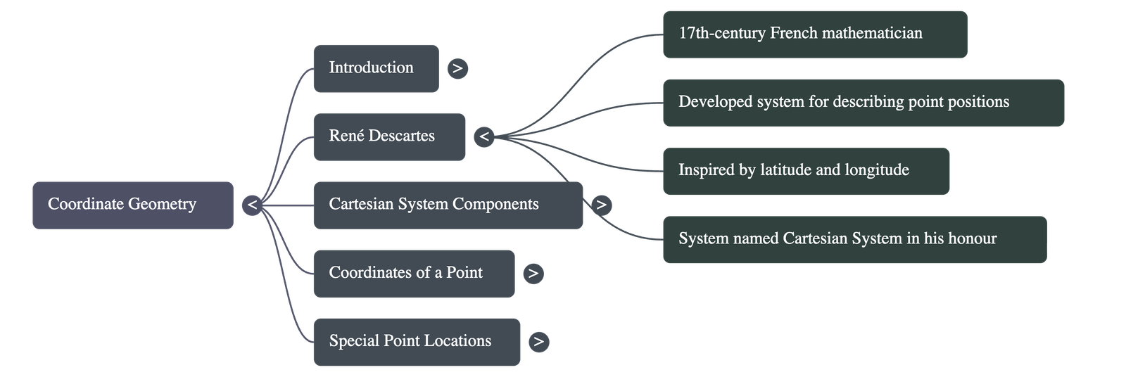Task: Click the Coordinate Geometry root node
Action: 132,205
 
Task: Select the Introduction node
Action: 376,68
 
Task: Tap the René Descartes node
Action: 389,136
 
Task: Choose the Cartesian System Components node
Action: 448,205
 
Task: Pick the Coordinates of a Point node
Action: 414,273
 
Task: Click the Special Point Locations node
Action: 417,341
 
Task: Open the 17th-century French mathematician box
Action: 814,34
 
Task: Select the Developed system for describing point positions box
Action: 863,102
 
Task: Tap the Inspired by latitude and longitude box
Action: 806,170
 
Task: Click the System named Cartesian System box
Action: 854,239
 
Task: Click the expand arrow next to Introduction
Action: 457,68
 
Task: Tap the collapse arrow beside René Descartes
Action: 483,136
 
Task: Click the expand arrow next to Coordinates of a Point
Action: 533,273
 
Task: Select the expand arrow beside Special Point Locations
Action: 538,341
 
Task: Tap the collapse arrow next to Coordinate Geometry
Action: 252,205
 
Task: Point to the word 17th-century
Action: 721,33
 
